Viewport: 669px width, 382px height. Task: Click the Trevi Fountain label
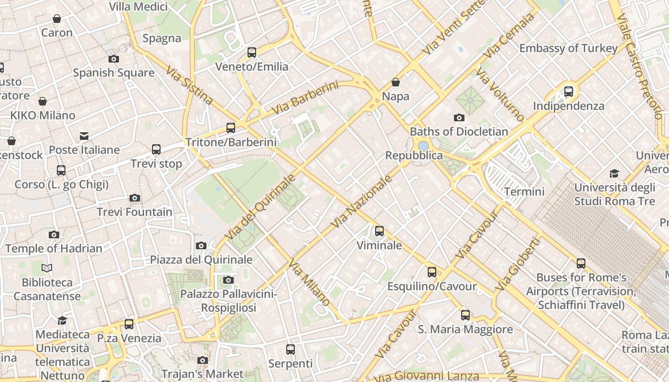[x=134, y=212]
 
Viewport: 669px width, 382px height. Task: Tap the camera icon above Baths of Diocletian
[x=459, y=117]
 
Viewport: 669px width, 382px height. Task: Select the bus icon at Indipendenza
[x=568, y=91]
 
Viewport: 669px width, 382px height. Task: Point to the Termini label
[x=524, y=192]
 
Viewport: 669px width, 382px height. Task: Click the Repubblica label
[x=414, y=156]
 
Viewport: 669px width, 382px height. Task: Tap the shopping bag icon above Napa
[x=395, y=82]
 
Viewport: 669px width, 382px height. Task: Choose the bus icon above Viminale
[x=379, y=231]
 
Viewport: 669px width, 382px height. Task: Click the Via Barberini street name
[x=305, y=98]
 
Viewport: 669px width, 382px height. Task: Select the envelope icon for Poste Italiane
[x=84, y=136]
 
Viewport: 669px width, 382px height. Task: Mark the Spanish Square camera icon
[x=113, y=59]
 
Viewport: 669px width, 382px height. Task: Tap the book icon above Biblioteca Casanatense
[x=47, y=268]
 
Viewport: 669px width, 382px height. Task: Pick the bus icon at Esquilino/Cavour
[x=432, y=272]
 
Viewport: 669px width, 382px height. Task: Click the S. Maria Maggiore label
[x=465, y=329]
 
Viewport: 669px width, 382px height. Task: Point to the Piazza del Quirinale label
[x=201, y=260]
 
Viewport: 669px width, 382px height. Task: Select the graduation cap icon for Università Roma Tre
[x=614, y=173]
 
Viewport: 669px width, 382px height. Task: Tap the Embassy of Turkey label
[x=568, y=48]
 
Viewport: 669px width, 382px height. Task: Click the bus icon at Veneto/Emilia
[x=251, y=53]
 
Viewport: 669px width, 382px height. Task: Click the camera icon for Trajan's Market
[x=203, y=360]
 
